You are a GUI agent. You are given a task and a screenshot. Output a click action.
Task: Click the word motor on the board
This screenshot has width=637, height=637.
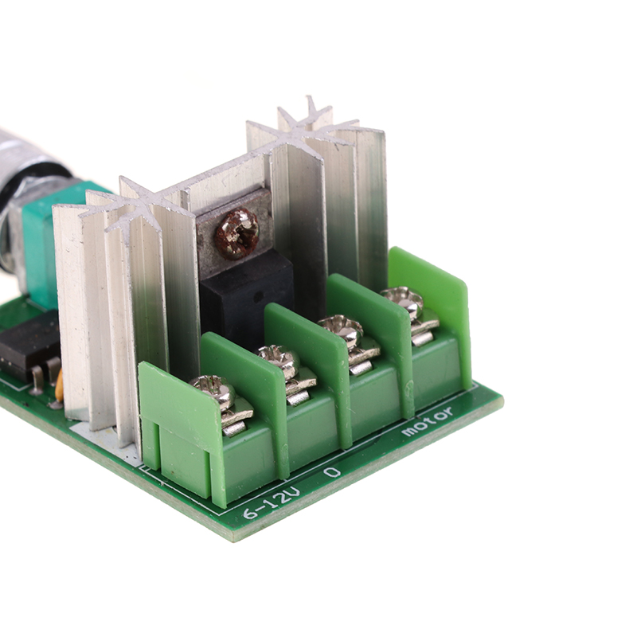[x=427, y=421]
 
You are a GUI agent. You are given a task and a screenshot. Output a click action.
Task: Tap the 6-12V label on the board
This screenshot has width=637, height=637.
[x=272, y=502]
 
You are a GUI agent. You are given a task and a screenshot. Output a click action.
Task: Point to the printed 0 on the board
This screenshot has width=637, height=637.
[x=332, y=471]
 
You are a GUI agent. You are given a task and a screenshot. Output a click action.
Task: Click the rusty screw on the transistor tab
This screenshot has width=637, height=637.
[x=236, y=233]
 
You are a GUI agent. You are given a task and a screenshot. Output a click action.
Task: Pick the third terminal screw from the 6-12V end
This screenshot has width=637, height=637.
[x=341, y=328]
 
